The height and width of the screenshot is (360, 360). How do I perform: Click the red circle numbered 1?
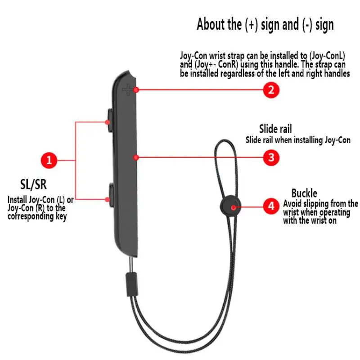pyautogui.click(x=49, y=160)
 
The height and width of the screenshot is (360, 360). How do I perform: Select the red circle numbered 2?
pyautogui.click(x=271, y=90)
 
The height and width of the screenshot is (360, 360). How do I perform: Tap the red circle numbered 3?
pyautogui.click(x=271, y=157)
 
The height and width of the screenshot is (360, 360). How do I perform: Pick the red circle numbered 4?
pyautogui.click(x=271, y=207)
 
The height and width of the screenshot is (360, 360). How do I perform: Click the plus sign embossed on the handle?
pyautogui.click(x=129, y=90)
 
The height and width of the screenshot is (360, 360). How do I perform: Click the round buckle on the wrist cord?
pyautogui.click(x=233, y=207)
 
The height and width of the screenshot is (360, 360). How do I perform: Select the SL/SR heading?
pyautogui.click(x=33, y=184)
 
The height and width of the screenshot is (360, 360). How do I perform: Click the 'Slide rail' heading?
pyautogui.click(x=275, y=130)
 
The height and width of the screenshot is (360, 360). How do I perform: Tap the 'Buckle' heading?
pyautogui.click(x=304, y=193)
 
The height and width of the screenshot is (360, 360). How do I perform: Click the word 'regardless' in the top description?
pyautogui.click(x=240, y=74)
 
